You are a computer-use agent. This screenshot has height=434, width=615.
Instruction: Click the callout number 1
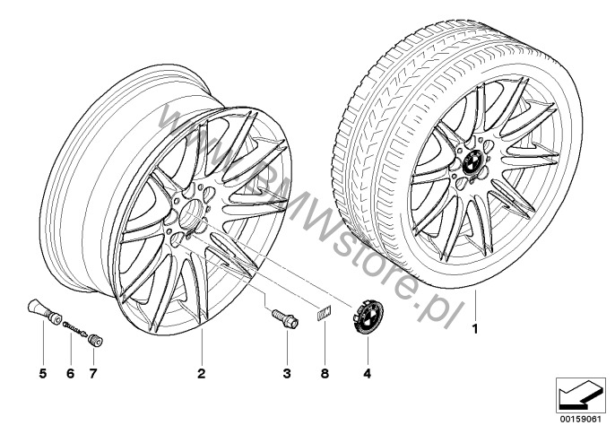coord(475,328)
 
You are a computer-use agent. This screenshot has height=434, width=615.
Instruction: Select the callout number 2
coord(201,374)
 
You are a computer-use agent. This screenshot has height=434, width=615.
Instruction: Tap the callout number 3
coord(287,374)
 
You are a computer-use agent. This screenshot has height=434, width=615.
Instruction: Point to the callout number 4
coord(367,374)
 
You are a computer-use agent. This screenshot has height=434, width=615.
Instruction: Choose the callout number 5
coord(43,374)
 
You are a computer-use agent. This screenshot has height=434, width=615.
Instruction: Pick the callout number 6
coord(70,374)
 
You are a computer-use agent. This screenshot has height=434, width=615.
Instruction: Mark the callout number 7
coord(92,374)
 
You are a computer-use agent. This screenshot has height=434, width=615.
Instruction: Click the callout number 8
coord(325,374)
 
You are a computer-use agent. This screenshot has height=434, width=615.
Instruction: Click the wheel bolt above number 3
coord(285,318)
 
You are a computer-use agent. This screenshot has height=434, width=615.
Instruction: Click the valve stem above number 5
coord(44,311)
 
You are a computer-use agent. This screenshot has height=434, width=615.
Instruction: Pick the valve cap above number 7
coord(95,340)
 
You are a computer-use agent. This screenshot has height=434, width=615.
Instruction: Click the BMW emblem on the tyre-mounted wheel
coord(472,161)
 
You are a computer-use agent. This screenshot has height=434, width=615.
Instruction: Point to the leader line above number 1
coord(475,305)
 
